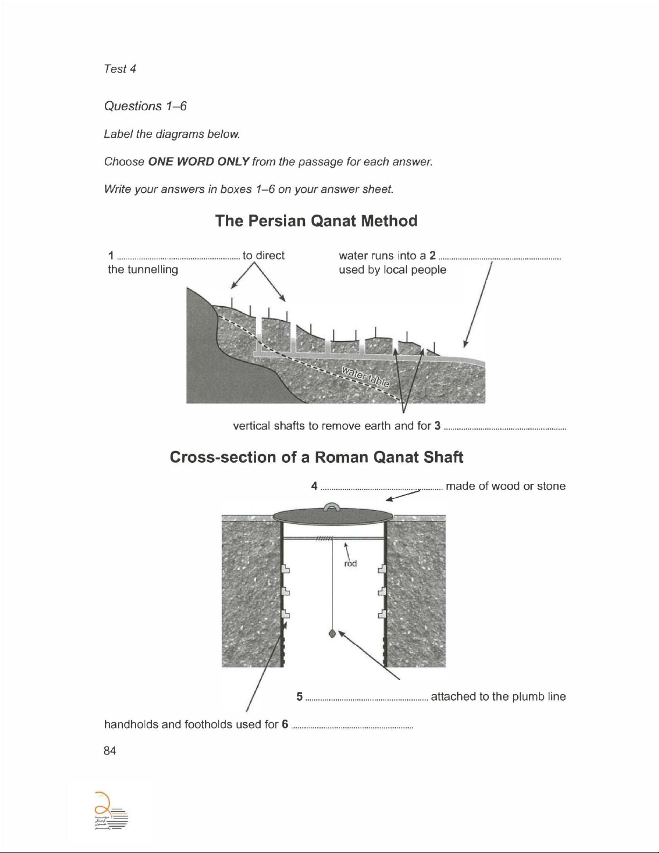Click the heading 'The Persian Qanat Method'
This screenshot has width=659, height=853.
coord(316,221)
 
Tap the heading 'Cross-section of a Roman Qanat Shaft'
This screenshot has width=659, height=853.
coord(316,457)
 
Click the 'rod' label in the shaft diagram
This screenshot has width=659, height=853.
coord(350,563)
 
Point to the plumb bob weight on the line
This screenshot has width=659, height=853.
coord(332,633)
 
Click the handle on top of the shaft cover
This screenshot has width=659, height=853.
coord(332,506)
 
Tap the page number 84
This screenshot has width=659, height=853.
coord(110,751)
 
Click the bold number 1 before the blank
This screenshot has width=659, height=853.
coord(110,256)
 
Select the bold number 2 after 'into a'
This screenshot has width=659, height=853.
coord(433,255)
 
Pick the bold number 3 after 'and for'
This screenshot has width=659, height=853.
coord(437,426)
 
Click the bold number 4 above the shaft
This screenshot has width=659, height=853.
coord(314,487)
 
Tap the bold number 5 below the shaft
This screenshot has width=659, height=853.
coord(300,696)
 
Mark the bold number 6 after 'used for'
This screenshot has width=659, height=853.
coord(285,724)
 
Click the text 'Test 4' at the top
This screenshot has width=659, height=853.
coord(120,69)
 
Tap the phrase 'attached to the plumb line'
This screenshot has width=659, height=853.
coord(498,696)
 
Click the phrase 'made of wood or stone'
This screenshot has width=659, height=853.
coord(506,487)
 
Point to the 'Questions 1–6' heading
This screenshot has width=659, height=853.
coord(145,106)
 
